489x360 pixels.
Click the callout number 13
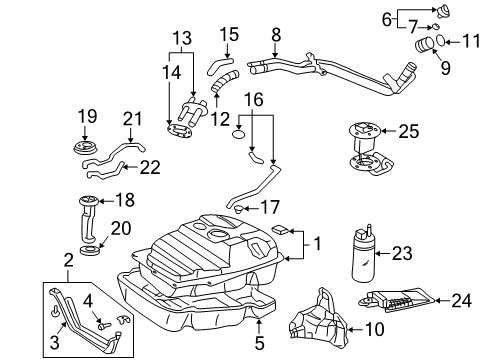[x=182, y=39]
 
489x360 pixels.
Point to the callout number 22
[x=149, y=166]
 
